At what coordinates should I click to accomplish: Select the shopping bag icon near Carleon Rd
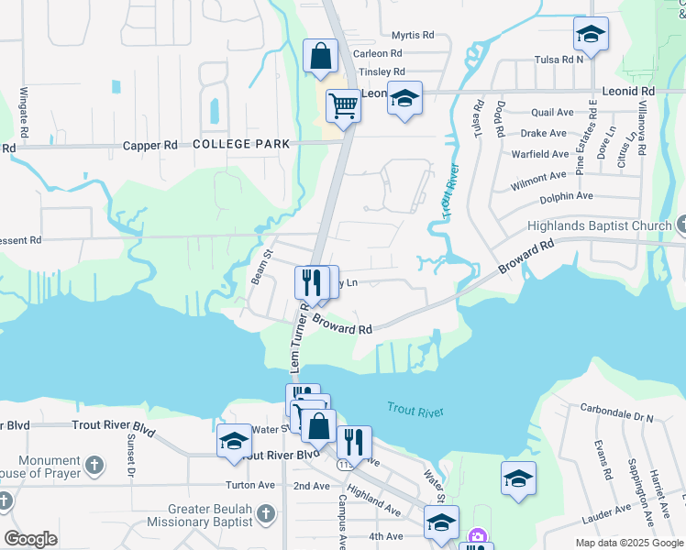(x=318, y=57)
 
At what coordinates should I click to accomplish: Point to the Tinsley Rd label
(x=382, y=71)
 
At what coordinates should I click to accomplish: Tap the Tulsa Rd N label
(x=559, y=59)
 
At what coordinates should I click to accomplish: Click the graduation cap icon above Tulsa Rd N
(x=591, y=35)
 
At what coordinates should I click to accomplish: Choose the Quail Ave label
(x=552, y=113)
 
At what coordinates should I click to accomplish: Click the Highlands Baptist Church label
(x=600, y=226)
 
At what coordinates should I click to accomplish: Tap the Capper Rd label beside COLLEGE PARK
(x=150, y=146)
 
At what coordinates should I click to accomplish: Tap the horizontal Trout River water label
(x=415, y=410)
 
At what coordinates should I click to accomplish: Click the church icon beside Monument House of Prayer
(x=94, y=466)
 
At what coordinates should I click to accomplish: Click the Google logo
(x=30, y=539)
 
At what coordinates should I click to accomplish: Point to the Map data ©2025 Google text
(x=629, y=543)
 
